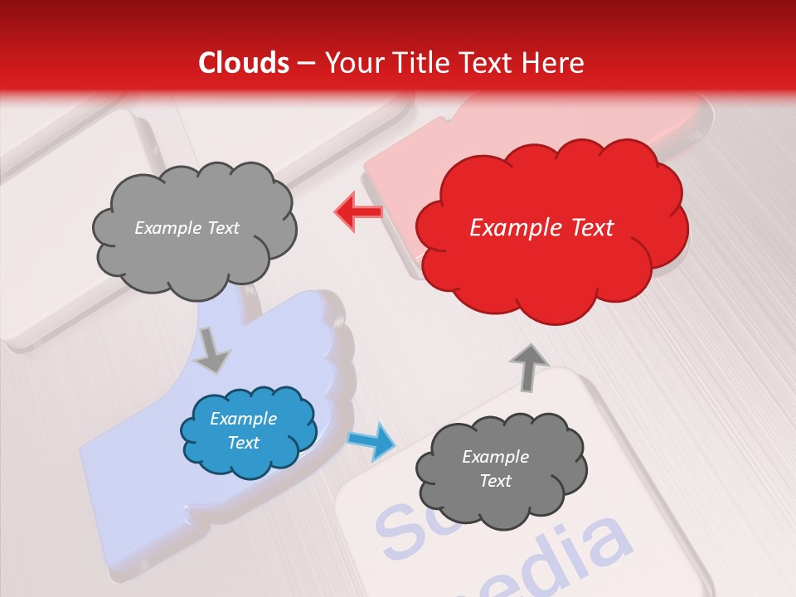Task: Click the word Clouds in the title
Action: click(x=244, y=63)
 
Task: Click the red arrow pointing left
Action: click(x=358, y=212)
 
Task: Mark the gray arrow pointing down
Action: click(x=212, y=350)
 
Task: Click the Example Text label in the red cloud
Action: click(x=541, y=228)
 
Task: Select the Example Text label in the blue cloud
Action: click(x=244, y=431)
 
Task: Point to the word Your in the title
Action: click(x=351, y=63)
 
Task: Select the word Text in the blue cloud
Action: click(x=244, y=443)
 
